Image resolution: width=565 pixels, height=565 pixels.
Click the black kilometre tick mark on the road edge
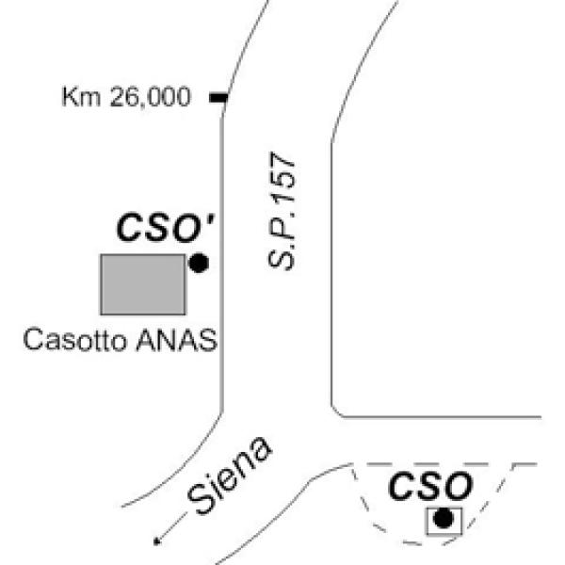coord(218,97)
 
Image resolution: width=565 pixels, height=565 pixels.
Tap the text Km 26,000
coord(125,97)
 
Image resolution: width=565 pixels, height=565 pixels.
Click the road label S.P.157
coord(282,211)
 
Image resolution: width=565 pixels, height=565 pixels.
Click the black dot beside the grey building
coord(198,264)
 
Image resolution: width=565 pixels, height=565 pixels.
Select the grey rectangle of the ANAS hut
coord(143,283)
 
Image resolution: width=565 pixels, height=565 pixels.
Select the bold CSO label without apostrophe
coord(430,487)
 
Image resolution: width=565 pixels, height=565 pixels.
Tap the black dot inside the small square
coord(441,518)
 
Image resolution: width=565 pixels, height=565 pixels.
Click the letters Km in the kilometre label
coord(77,97)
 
